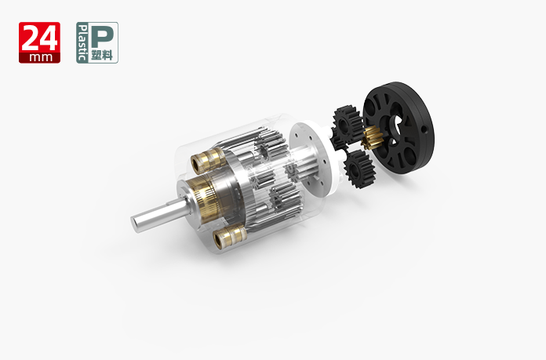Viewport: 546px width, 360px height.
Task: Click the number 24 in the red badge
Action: (x=39, y=38)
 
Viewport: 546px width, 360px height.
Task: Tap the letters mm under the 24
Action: (x=40, y=57)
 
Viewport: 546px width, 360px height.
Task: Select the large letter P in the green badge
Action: (x=102, y=36)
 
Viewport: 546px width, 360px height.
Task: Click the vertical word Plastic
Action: (x=82, y=42)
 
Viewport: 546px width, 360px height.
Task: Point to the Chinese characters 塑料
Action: (x=102, y=55)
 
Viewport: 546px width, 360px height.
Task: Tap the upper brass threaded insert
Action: (x=209, y=161)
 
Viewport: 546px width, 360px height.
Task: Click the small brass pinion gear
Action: (x=372, y=137)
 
